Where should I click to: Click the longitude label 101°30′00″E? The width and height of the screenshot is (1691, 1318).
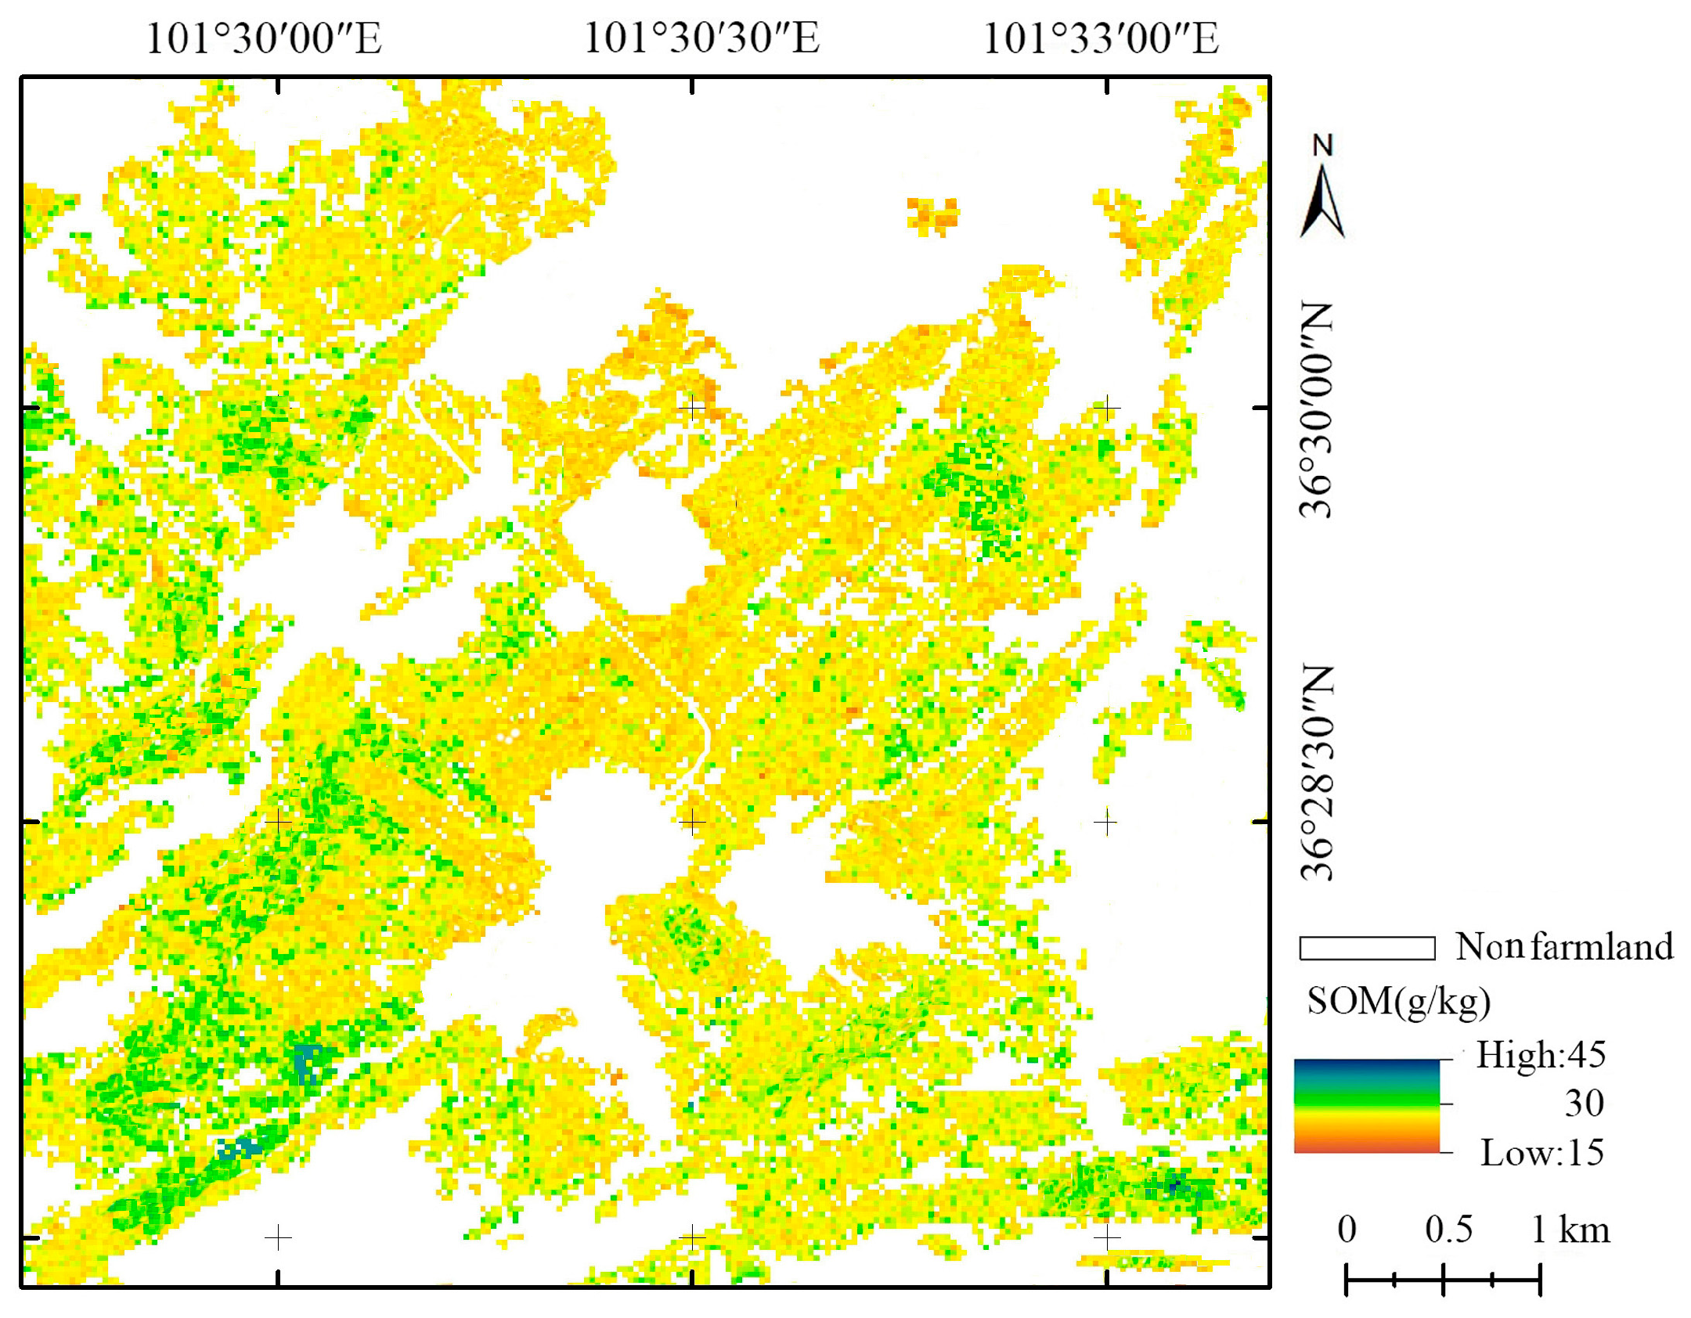tap(264, 38)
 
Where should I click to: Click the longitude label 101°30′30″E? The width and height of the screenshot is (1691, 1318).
tap(701, 38)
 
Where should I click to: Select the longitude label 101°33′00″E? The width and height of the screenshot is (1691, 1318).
tap(1100, 38)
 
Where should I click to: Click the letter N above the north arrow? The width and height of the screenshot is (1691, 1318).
tap(1322, 146)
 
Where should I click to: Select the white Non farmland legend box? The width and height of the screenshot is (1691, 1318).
tap(1366, 948)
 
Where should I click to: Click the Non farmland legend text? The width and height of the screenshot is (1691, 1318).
tap(1563, 947)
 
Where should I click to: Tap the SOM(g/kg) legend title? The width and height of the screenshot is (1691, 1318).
tap(1398, 1001)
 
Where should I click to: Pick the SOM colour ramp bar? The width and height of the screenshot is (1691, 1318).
tap(1366, 1105)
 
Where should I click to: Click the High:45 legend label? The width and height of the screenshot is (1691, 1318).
tap(1541, 1055)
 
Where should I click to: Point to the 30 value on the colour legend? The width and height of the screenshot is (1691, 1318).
tap(1584, 1104)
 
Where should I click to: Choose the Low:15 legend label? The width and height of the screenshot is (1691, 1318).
tap(1541, 1153)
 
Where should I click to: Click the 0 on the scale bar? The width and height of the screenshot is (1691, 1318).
tap(1347, 1230)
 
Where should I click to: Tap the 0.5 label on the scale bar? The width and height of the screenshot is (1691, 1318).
tap(1448, 1230)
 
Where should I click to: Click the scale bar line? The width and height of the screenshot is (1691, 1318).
tap(1443, 1280)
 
